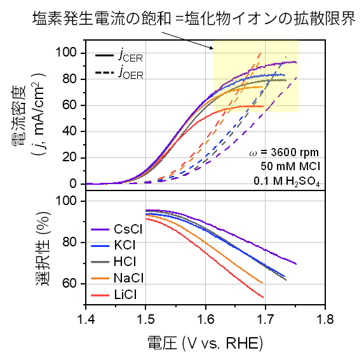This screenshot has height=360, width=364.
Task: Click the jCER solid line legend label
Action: click(x=130, y=57)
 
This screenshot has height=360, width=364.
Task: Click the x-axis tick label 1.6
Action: click(x=205, y=316)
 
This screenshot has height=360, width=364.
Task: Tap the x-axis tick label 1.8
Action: click(x=325, y=316)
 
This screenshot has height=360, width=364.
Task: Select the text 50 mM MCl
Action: click(x=290, y=166)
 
